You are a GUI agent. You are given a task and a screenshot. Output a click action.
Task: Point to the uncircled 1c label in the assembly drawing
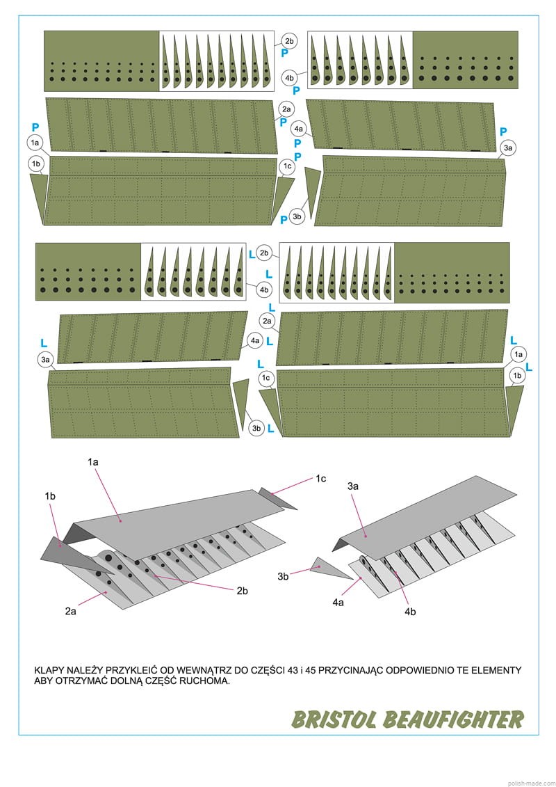320,479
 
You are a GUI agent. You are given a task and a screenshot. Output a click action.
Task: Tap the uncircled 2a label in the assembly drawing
70,611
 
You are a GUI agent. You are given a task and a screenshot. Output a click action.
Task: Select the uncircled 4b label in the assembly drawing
410,612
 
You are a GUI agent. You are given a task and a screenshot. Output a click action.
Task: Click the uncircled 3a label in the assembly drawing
352,486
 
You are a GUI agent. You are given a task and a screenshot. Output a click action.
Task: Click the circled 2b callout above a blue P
289,40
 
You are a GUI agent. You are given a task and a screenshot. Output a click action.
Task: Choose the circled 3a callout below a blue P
509,148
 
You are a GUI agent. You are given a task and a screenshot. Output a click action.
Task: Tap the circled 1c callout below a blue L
266,377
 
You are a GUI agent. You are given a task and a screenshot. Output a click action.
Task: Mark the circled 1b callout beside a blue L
517,375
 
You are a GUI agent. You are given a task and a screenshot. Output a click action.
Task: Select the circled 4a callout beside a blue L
255,340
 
